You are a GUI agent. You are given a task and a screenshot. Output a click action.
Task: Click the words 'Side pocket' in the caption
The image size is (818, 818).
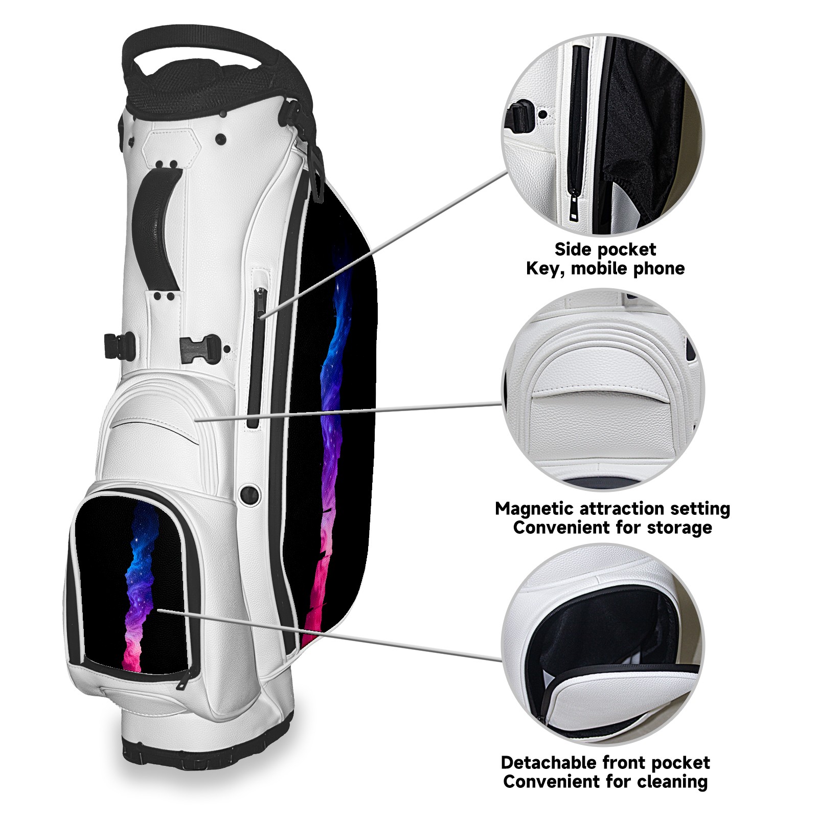(x=605, y=249)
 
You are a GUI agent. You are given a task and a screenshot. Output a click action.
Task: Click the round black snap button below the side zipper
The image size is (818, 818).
(x=249, y=494)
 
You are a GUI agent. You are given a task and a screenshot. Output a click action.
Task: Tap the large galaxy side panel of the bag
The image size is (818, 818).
(x=337, y=409)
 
